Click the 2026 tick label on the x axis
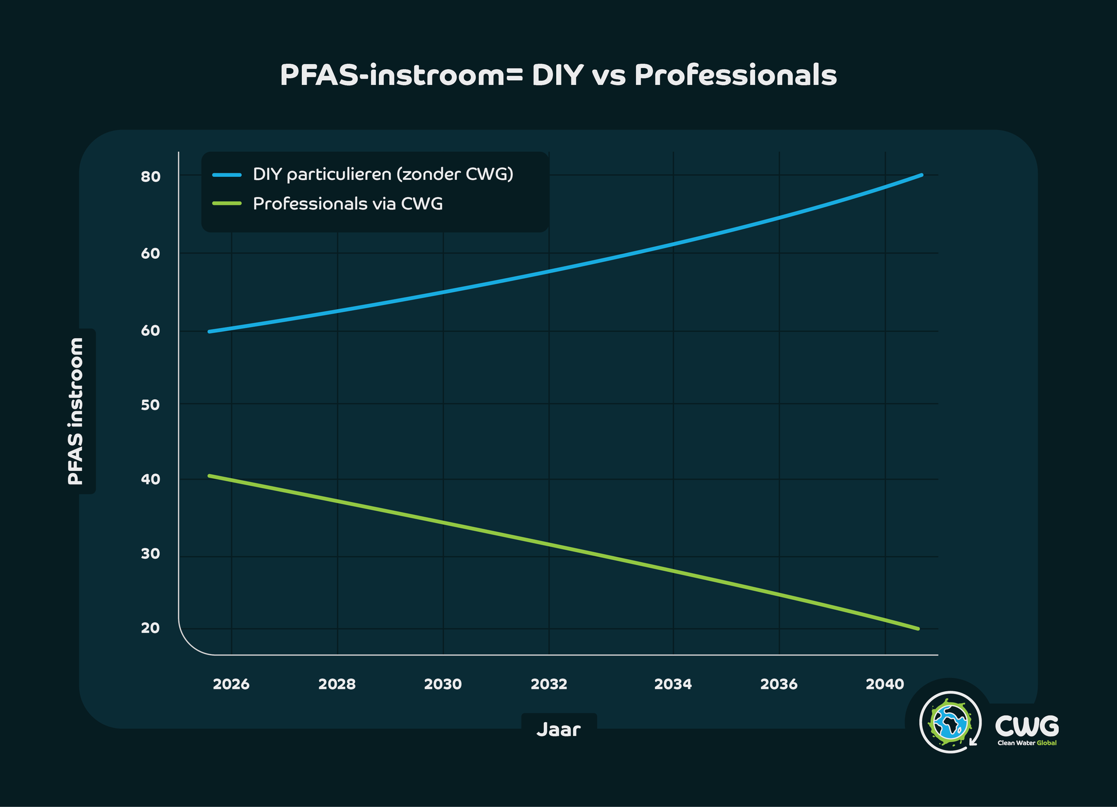(231, 684)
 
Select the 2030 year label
(443, 684)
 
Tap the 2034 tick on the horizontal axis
(673, 684)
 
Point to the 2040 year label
(884, 684)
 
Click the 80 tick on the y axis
(150, 177)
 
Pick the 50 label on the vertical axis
(150, 405)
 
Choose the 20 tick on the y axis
(150, 628)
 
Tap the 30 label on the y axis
(150, 554)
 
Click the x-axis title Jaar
(558, 730)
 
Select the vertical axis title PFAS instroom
(76, 411)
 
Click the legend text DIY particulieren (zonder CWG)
(383, 174)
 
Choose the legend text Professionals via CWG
(348, 204)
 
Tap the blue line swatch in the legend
(227, 174)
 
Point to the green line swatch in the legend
(227, 204)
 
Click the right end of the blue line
(921, 175)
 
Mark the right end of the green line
(917, 628)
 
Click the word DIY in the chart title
(557, 76)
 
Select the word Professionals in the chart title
(735, 76)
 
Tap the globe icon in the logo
(950, 723)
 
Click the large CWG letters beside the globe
(1027, 726)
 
